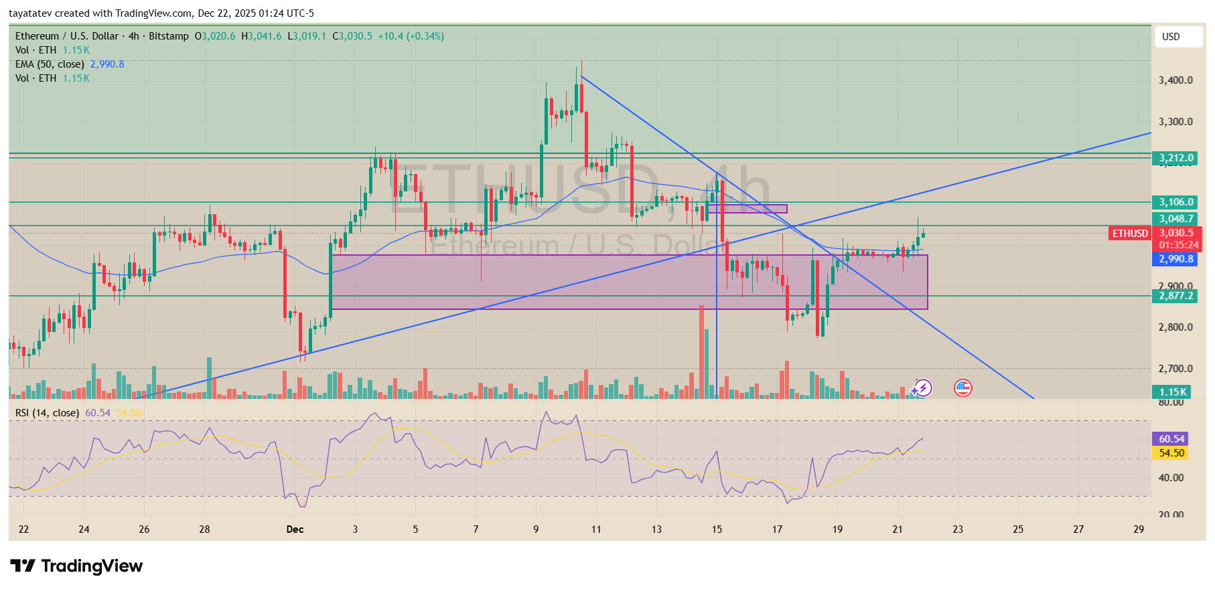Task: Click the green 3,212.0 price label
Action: (1176, 159)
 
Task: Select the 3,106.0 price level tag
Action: (1176, 202)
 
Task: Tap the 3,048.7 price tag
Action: (1176, 219)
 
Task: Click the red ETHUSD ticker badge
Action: (1130, 234)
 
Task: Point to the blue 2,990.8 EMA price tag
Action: (1176, 259)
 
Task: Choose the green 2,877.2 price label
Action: (1176, 296)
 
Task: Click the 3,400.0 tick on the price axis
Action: (1175, 80)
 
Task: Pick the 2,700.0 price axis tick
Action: (1175, 369)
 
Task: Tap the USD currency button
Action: (1177, 37)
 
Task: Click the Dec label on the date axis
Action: (295, 529)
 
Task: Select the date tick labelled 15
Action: (717, 529)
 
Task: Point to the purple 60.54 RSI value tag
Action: (1171, 439)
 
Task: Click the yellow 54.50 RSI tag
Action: (1171, 453)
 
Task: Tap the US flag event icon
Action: (962, 388)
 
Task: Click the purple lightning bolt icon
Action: (923, 388)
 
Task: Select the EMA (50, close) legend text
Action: (50, 64)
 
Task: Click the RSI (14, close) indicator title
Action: (47, 413)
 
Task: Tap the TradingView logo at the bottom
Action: (76, 566)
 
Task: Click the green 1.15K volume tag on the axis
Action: (1173, 392)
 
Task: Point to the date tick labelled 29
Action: (1139, 529)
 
